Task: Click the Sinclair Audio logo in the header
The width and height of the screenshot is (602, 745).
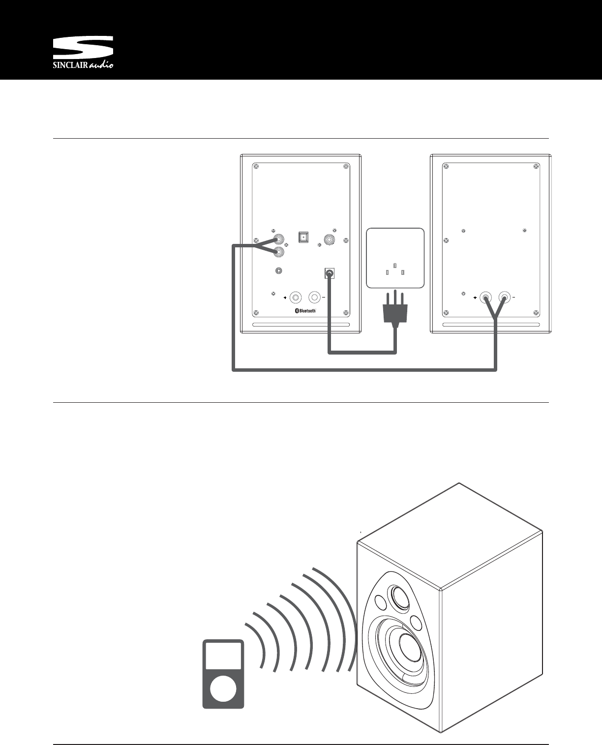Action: pos(83,53)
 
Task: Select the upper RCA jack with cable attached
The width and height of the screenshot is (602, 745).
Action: pos(279,239)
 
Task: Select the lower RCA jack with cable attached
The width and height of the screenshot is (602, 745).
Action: pos(279,252)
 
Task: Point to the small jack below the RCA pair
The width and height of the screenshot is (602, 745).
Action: pos(279,271)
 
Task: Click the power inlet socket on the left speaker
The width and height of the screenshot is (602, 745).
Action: pos(330,273)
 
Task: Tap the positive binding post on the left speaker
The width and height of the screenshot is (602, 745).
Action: pos(296,298)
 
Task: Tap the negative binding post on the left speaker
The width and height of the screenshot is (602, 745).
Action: pos(314,298)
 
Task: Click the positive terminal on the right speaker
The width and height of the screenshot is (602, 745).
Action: pos(486,298)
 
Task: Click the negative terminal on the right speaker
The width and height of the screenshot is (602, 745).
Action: pos(504,298)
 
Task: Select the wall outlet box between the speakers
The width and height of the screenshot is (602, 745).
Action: pos(395,258)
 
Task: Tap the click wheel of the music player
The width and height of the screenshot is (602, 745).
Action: pos(223,687)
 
